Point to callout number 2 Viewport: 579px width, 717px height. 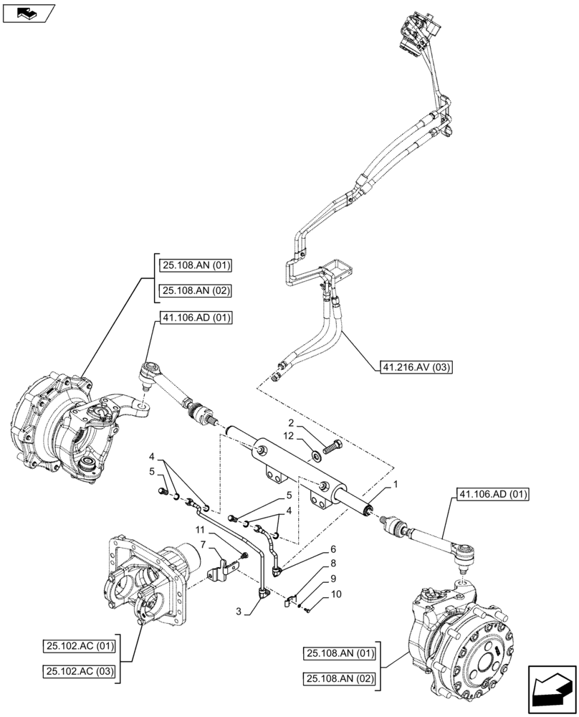point(292,424)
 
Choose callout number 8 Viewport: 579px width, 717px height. point(332,564)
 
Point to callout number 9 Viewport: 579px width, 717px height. point(332,579)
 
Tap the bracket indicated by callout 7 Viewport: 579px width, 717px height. point(221,571)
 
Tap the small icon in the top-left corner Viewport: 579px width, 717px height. point(29,12)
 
